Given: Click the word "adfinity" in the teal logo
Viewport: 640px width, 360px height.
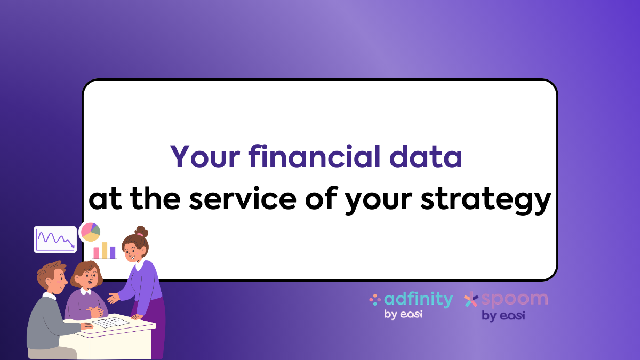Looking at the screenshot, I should pos(418,300).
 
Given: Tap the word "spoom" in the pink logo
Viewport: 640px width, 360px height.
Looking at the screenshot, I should pos(514,299).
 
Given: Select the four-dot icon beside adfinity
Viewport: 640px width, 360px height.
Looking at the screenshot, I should pos(374,300).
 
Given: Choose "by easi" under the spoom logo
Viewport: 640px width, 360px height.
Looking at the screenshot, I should pos(503,315).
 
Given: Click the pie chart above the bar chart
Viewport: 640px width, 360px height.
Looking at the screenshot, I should pos(90,232).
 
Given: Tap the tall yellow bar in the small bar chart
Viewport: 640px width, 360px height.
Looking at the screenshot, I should pos(105,250).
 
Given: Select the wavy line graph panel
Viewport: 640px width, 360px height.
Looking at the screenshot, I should pos(55,239).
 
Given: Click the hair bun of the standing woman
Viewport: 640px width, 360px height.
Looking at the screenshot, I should pos(142,231).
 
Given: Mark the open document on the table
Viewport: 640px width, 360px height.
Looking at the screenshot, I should pos(112,323).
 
